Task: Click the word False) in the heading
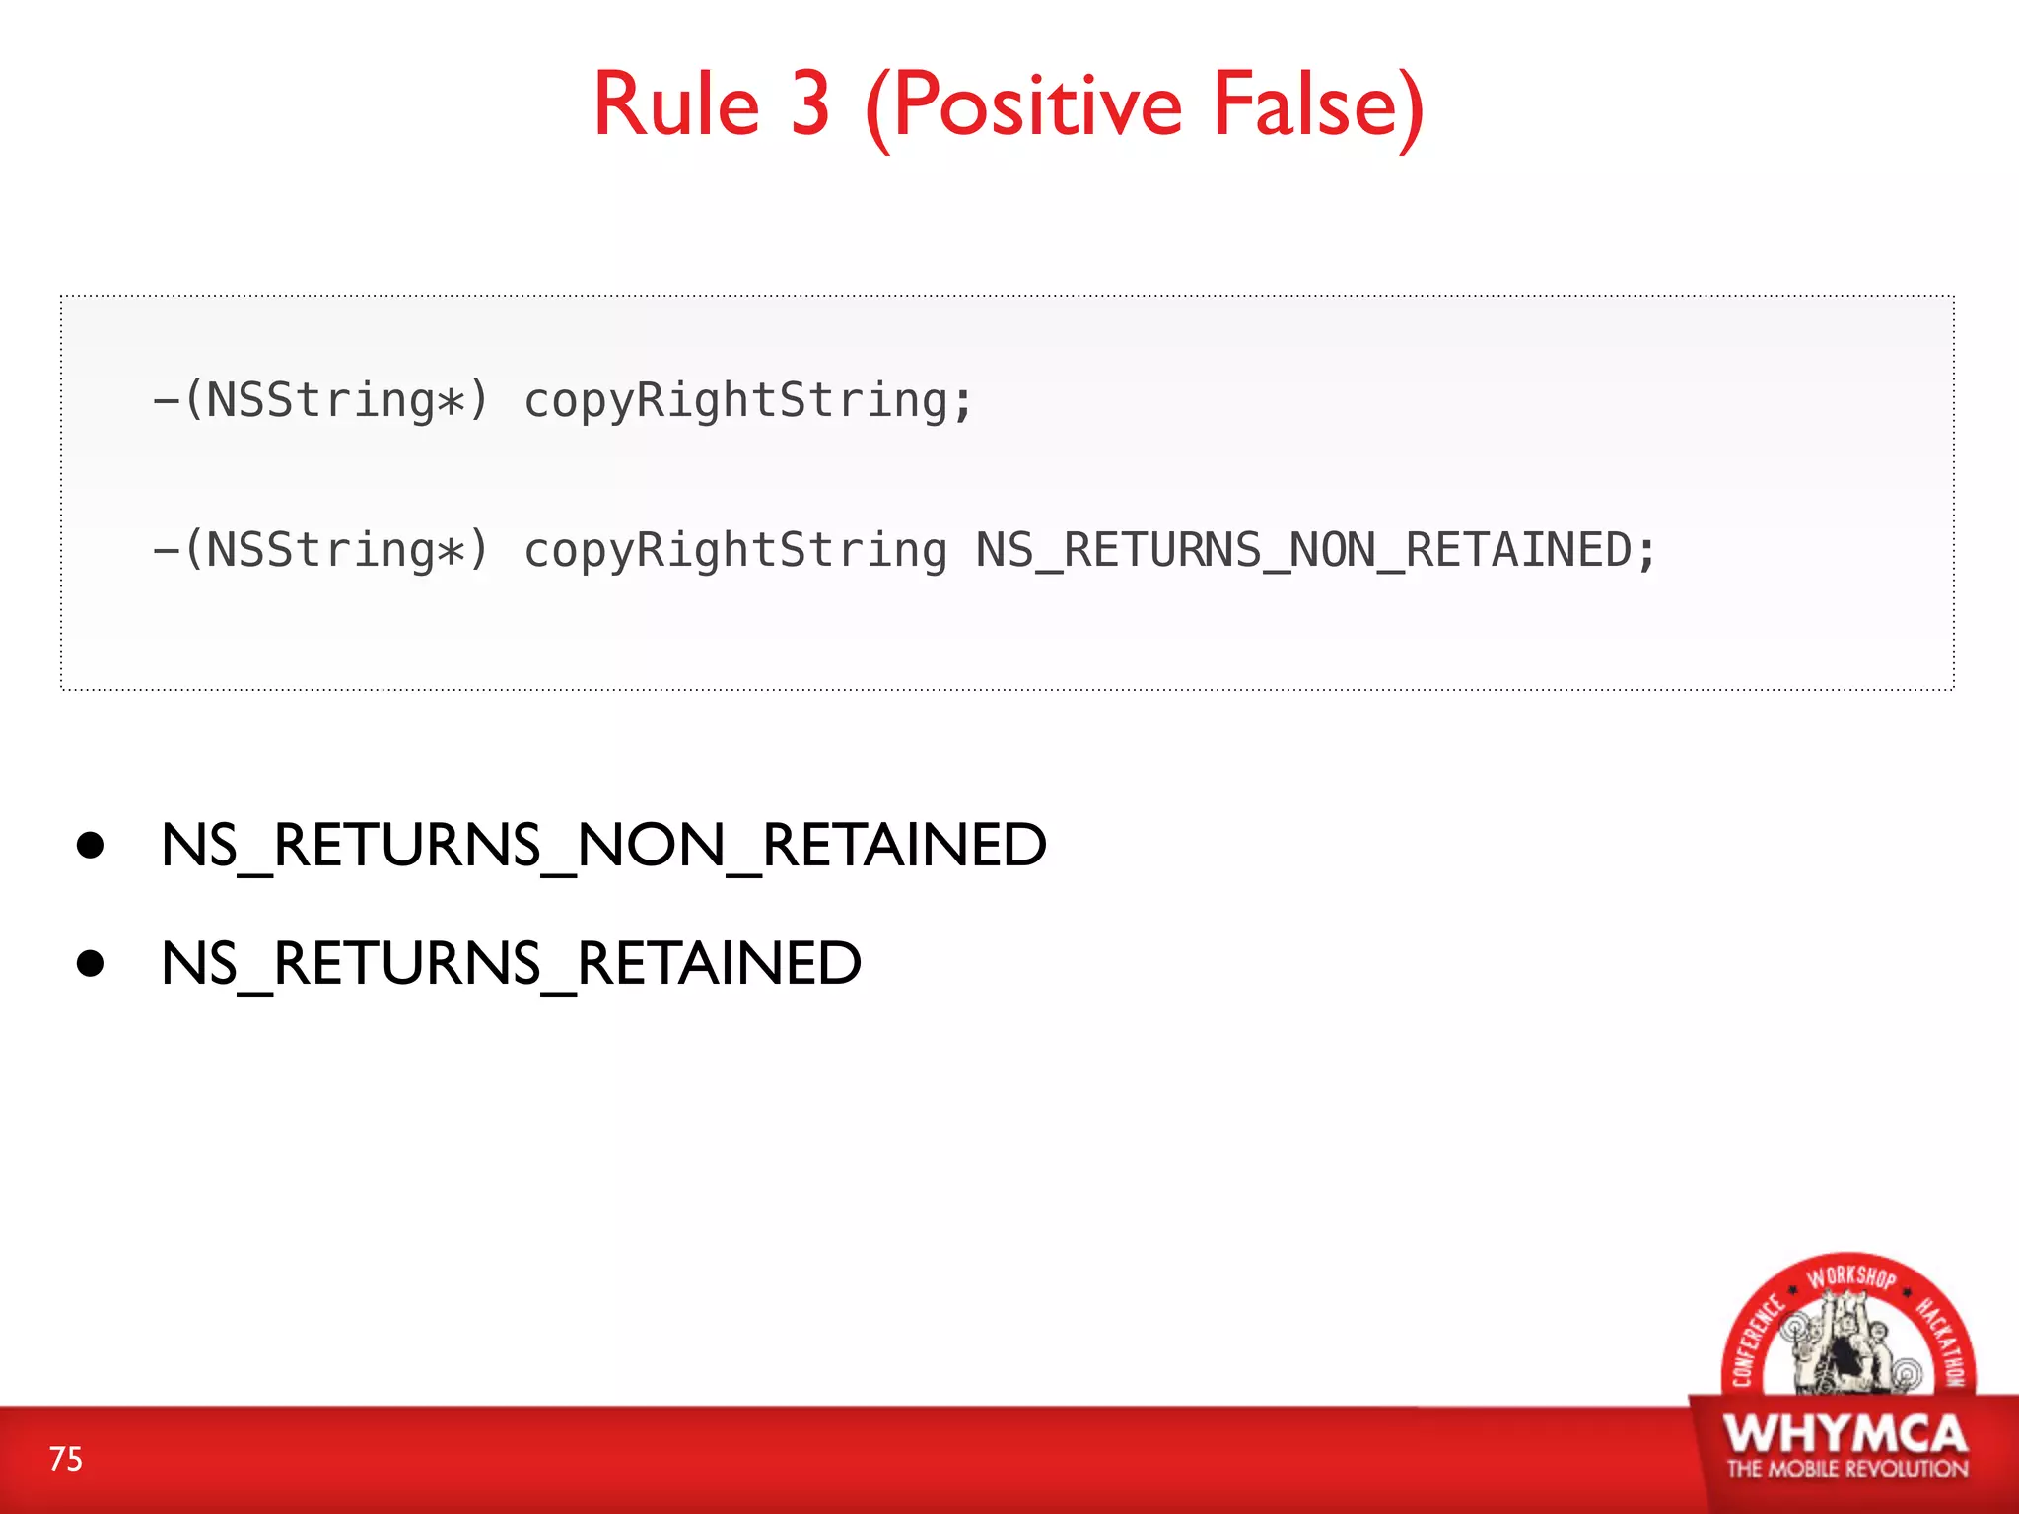[x=1318, y=106]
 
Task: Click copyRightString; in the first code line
[x=748, y=401]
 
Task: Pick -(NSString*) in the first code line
[x=321, y=401]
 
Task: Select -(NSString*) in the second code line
[x=321, y=550]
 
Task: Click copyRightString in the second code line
[x=735, y=550]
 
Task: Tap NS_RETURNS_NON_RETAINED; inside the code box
[x=1316, y=550]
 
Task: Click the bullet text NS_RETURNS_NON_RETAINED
[x=603, y=846]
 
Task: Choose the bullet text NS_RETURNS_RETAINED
[x=511, y=964]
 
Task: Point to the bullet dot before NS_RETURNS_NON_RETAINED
[x=91, y=846]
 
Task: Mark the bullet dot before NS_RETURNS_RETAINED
[x=91, y=963]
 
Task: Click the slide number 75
[x=66, y=1459]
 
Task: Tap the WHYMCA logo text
[x=1845, y=1434]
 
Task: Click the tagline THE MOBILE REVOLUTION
[x=1846, y=1469]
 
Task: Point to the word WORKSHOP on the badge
[x=1850, y=1276]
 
